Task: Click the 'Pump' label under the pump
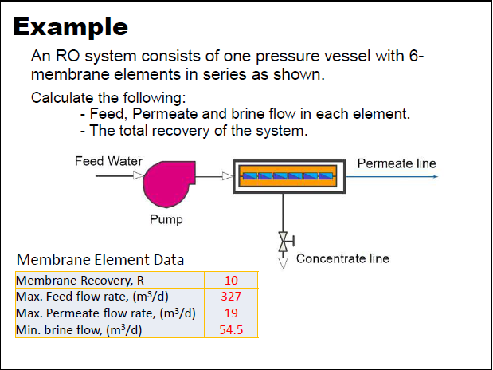[x=166, y=219]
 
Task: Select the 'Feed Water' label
[x=108, y=161]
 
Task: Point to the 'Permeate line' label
[x=397, y=163]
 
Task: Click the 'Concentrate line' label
[x=342, y=258]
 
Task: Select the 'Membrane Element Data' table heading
[x=100, y=260]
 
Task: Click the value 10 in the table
[x=231, y=281]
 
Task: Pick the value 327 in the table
[x=231, y=297]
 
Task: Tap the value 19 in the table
[x=231, y=313]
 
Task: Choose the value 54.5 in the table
[x=231, y=329]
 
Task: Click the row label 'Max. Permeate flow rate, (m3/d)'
[x=106, y=313]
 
